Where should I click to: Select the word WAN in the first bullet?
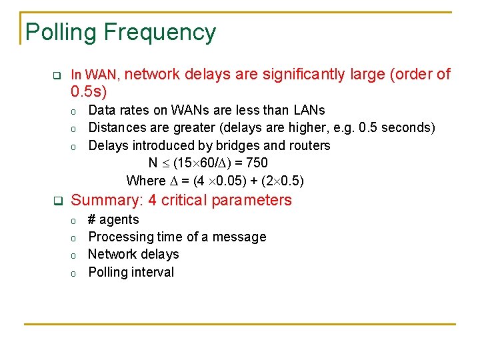101,75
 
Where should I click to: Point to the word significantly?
304,75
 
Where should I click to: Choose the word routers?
307,145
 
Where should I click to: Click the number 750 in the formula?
257,163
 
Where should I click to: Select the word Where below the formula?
145,181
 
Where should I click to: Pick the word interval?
152,272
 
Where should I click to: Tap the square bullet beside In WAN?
57,75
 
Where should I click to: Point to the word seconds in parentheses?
407,127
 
